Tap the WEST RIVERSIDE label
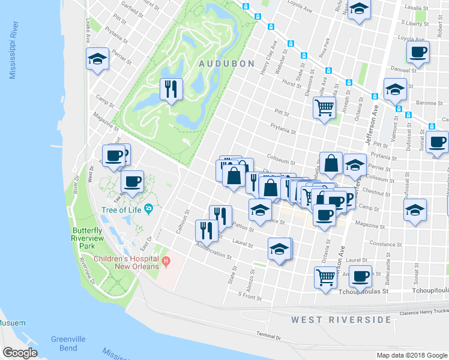coord(341,320)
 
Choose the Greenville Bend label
coord(68,343)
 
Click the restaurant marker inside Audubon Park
coord(171,89)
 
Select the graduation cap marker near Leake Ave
coord(97,59)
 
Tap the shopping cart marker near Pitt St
coord(324,108)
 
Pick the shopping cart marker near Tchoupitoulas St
coord(325,277)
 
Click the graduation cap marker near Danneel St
coord(394,89)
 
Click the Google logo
coord(20,352)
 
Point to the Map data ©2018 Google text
coord(412,355)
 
